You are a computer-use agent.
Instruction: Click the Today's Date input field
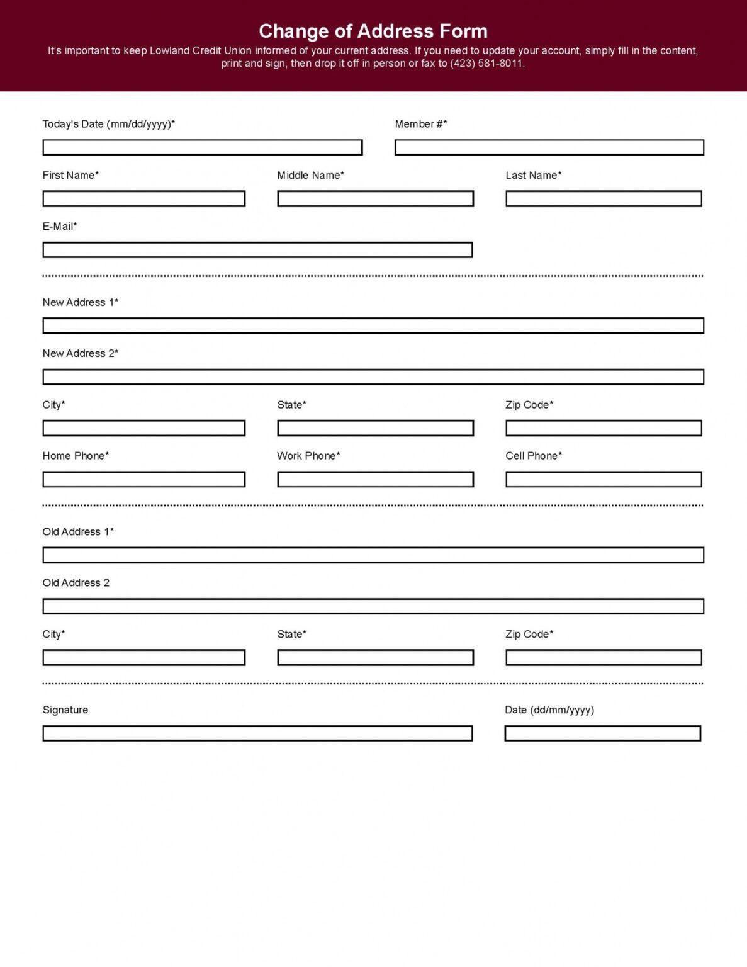[202, 147]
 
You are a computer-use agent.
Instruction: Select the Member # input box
[549, 147]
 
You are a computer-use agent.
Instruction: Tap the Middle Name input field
[375, 199]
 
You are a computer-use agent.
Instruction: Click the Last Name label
[533, 176]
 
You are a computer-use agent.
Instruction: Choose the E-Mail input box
[257, 250]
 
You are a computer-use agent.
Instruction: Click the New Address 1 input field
[373, 325]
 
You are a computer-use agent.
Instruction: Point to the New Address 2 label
[80, 354]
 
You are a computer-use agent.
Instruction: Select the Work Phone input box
[375, 480]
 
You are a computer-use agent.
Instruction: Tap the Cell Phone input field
[604, 480]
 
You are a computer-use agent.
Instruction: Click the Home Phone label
[76, 456]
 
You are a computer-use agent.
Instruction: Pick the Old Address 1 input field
[373, 555]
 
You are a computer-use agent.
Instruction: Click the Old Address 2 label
[76, 583]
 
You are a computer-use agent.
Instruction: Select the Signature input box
[257, 733]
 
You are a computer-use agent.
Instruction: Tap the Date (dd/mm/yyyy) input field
[602, 733]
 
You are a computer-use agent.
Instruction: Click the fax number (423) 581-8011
[486, 64]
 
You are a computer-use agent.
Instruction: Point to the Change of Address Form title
[373, 31]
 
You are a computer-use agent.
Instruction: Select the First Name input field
[143, 199]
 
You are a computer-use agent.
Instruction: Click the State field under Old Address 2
[375, 658]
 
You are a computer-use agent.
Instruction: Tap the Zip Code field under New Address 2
[604, 428]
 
